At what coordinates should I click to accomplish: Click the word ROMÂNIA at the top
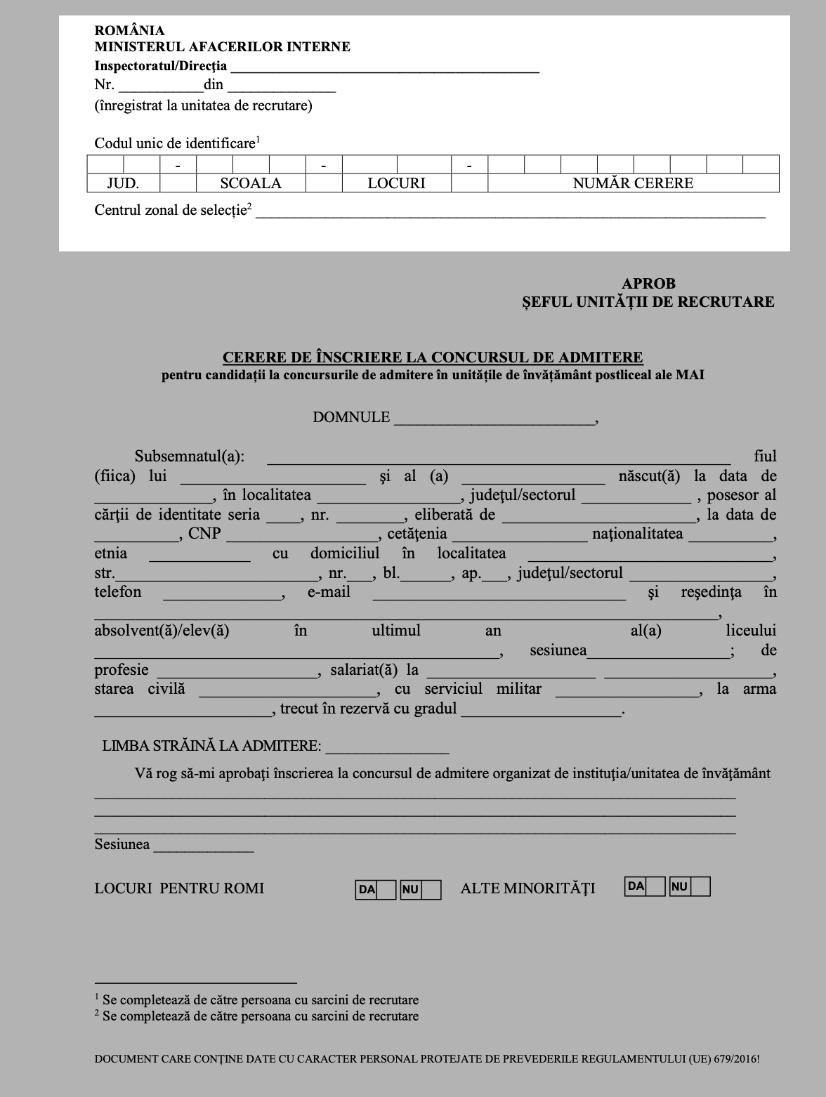tap(129, 30)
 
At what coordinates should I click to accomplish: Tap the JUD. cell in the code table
tap(123, 183)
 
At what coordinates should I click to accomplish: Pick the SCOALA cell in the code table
tap(251, 183)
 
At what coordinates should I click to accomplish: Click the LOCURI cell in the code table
tap(396, 183)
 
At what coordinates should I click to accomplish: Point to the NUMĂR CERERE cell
tap(633, 183)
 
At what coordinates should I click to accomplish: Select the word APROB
tap(648, 284)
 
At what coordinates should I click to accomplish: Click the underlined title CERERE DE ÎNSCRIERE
tap(433, 357)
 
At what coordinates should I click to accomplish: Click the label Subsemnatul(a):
tap(190, 456)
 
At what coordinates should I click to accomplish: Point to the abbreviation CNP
tap(204, 534)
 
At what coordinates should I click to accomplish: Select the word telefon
tap(118, 592)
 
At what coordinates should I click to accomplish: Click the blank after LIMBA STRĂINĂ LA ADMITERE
tap(387, 748)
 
